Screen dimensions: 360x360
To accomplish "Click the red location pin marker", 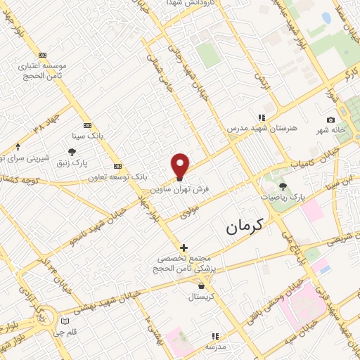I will [x=181, y=166].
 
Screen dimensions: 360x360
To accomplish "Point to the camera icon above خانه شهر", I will [x=330, y=120].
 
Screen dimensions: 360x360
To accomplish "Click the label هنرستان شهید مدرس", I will [x=255, y=129].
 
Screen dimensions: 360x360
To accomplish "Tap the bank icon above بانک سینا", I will [x=87, y=124].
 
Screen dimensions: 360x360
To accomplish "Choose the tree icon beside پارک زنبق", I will [x=72, y=151].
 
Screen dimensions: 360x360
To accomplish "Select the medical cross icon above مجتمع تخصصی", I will [x=184, y=247].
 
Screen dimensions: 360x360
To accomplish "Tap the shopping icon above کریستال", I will [x=202, y=285].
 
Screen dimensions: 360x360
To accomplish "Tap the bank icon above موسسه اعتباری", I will [x=42, y=55].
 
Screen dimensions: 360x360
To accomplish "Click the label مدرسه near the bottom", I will [x=215, y=347].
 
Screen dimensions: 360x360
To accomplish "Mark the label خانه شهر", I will [x=330, y=131].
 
